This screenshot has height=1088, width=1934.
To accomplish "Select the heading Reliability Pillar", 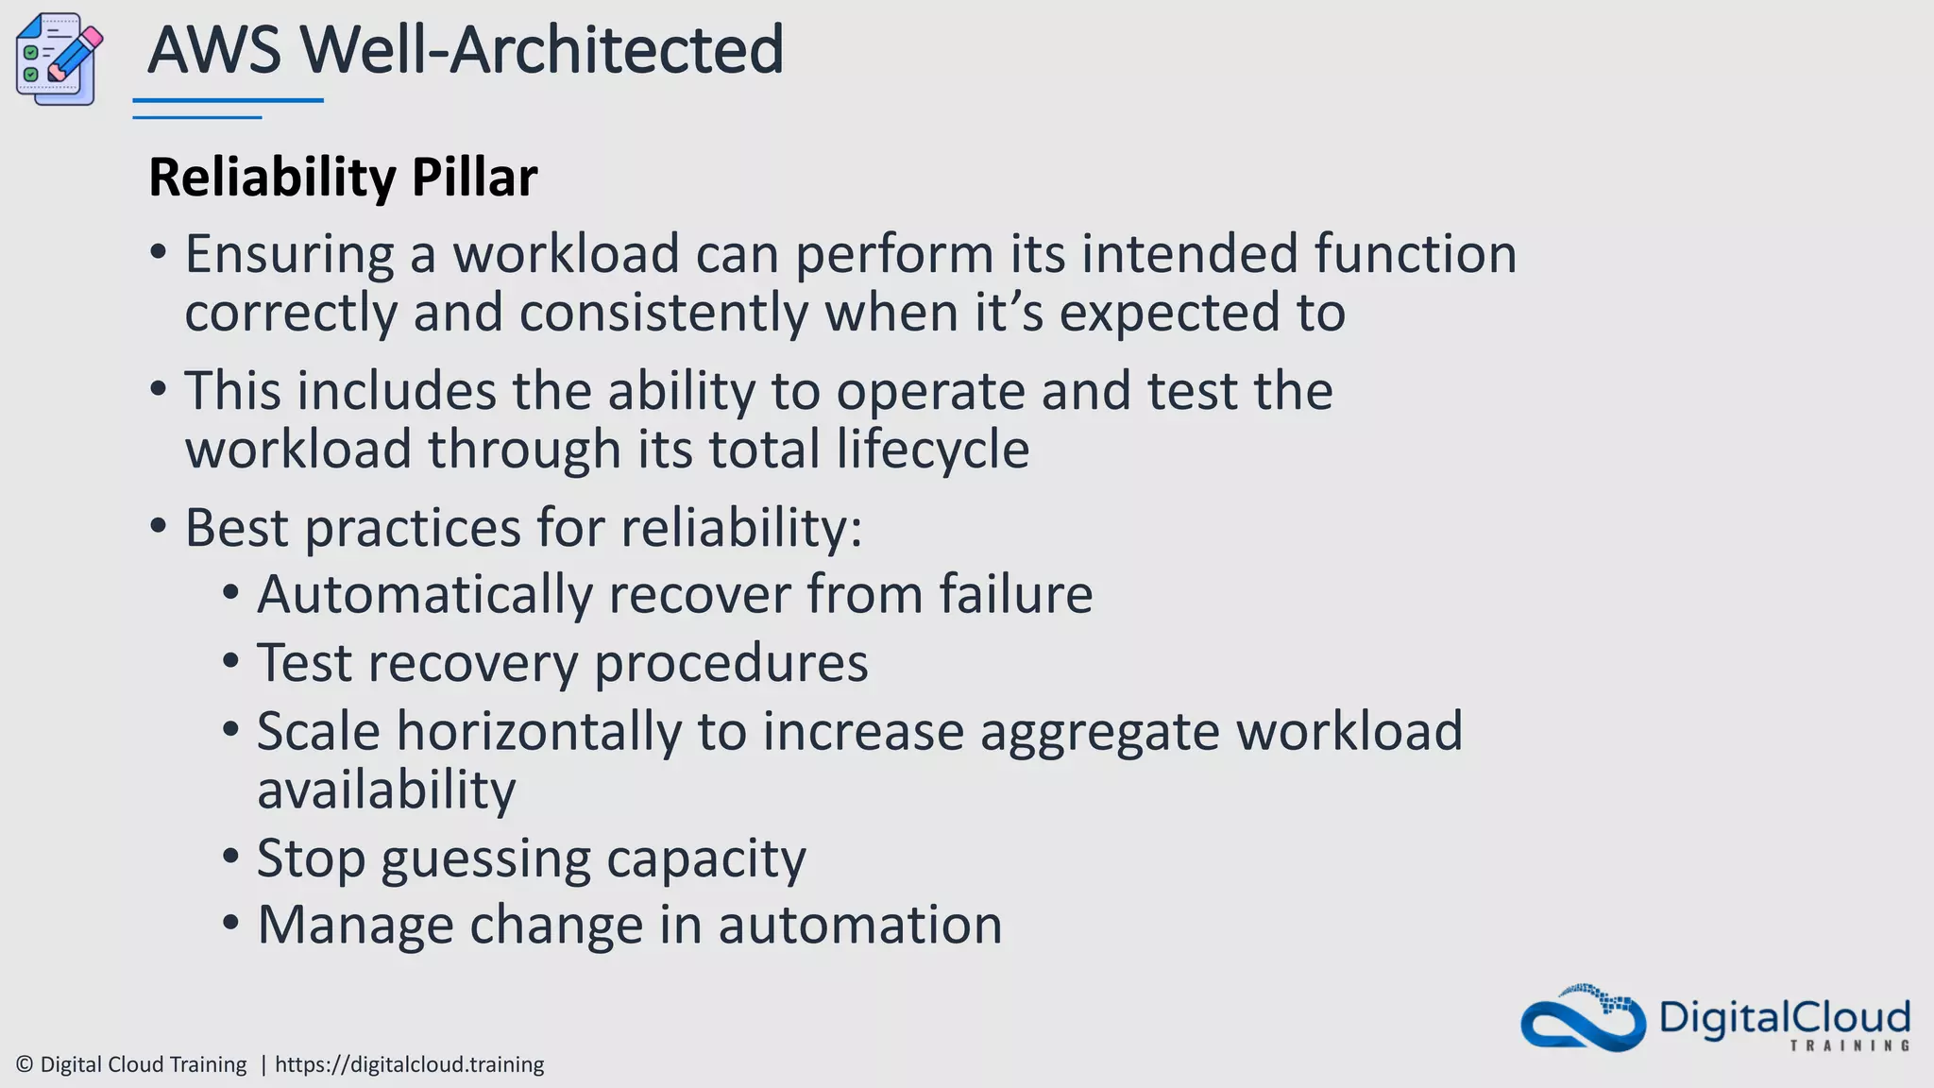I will (343, 177).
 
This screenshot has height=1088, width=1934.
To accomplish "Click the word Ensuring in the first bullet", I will (289, 254).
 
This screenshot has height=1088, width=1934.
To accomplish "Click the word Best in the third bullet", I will (236, 527).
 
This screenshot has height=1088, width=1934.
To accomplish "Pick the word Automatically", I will (425, 595).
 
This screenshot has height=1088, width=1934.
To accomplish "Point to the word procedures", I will (731, 663).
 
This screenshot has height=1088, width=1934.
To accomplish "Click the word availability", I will (386, 790).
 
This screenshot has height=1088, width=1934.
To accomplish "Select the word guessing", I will (485, 859).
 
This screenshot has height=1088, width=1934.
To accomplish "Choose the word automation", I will (859, 925).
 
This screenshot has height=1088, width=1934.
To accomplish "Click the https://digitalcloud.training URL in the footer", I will (409, 1064).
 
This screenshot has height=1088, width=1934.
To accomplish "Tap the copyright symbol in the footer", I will (25, 1064).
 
